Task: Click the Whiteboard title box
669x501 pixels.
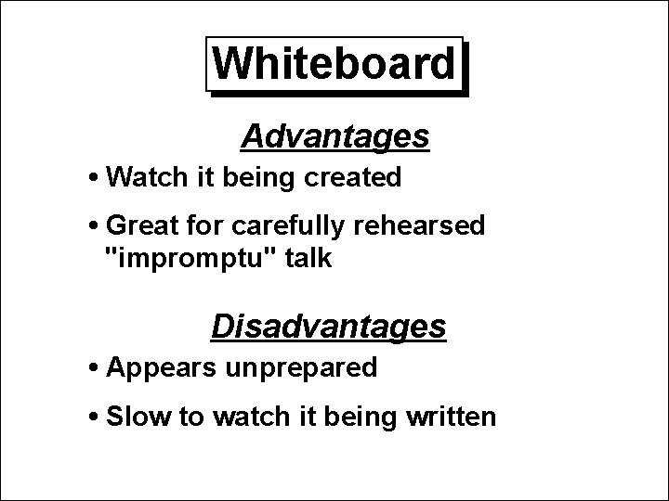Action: point(334,65)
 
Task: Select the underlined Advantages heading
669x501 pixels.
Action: point(334,137)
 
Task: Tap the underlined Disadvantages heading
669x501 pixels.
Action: point(329,327)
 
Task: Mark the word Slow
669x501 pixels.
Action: point(139,417)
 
